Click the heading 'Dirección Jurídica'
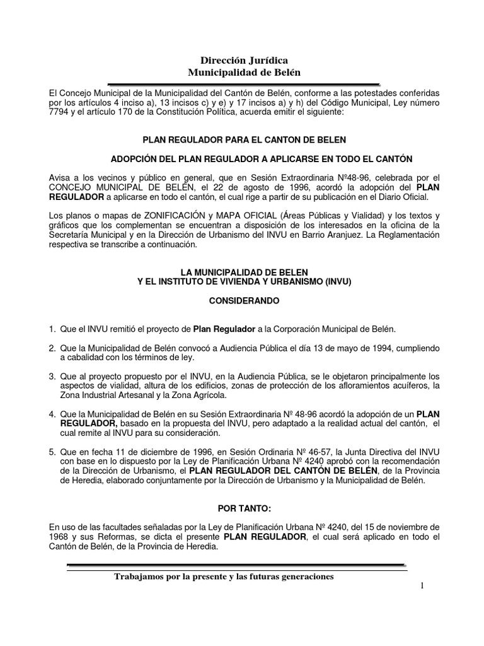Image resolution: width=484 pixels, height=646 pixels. (244, 61)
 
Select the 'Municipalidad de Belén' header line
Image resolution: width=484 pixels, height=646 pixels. (244, 73)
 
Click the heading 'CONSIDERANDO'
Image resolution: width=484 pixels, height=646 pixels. (244, 302)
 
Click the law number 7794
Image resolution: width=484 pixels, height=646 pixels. (60, 112)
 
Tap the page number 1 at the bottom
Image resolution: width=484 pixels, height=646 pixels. (422, 587)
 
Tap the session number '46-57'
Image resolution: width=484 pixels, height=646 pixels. (338, 452)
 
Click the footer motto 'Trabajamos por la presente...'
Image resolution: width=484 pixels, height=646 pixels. (224, 577)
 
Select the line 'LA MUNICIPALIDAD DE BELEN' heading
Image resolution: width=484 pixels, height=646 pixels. (244, 272)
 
